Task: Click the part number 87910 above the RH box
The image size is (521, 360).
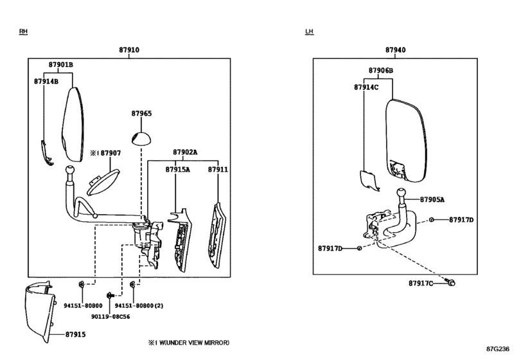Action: click(x=129, y=50)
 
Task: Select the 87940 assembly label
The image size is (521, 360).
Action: click(x=395, y=50)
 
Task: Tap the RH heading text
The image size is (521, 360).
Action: click(x=23, y=32)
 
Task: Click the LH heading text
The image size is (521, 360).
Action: click(x=310, y=32)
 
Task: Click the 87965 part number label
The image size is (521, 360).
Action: click(x=141, y=114)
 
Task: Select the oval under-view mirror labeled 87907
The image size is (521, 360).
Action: click(x=102, y=182)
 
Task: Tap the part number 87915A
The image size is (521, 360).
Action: click(x=178, y=170)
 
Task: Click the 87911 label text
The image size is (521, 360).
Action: click(x=218, y=170)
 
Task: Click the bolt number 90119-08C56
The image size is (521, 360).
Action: click(x=110, y=316)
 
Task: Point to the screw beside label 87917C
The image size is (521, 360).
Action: click(x=451, y=283)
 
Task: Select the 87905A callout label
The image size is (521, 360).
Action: click(x=432, y=199)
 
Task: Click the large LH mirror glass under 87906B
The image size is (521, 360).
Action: click(x=406, y=141)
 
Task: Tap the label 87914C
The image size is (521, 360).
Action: click(x=366, y=87)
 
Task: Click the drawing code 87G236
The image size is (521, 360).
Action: click(x=498, y=348)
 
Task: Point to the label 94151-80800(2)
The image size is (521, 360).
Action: click(x=139, y=305)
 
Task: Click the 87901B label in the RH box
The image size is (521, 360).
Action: click(x=61, y=65)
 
